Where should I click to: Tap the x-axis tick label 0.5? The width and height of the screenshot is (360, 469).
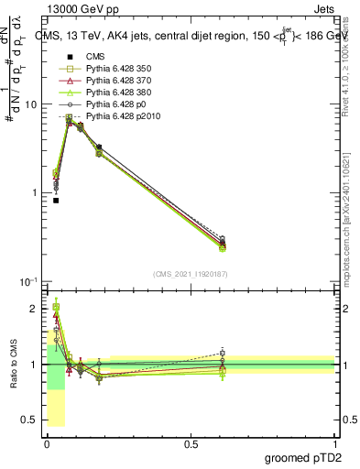tap(191, 442)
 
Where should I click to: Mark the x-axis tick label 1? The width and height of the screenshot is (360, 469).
tap(334, 442)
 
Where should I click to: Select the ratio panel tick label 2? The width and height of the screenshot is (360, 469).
tap(33, 309)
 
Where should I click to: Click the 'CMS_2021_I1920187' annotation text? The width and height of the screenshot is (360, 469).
tap(191, 273)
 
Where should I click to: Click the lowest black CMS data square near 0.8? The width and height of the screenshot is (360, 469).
tap(56, 200)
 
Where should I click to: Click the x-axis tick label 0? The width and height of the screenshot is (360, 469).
tap(47, 442)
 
